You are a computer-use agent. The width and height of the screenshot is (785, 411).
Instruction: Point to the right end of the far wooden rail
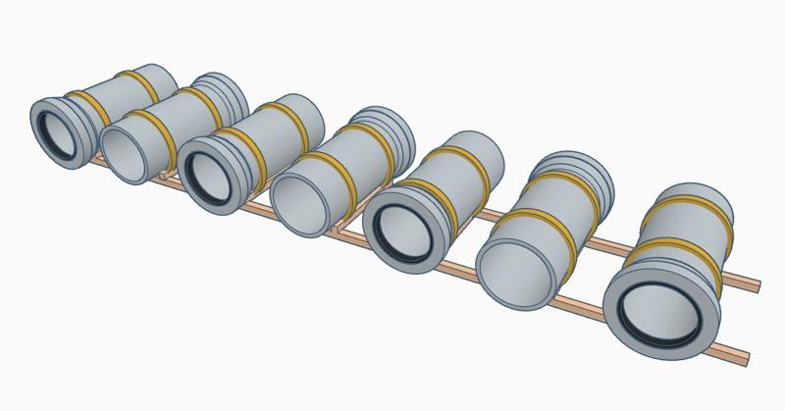coord(757,283)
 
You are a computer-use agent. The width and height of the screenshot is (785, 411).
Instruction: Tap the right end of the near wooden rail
coord(746,354)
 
